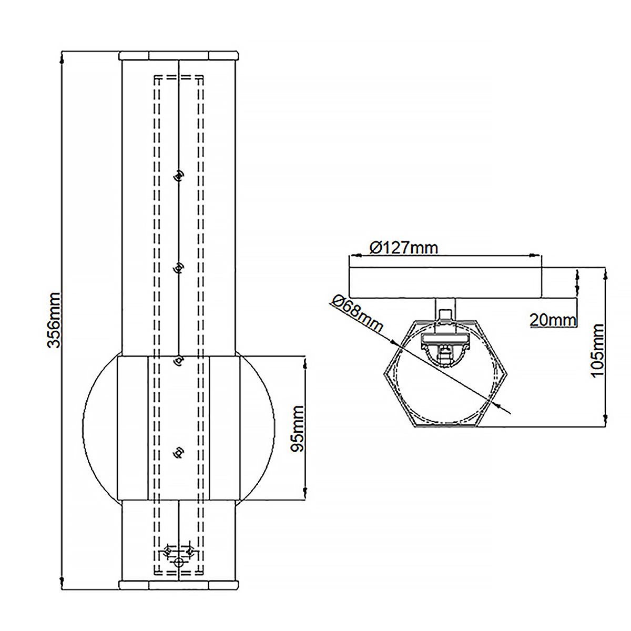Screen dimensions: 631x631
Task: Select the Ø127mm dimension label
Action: (x=403, y=247)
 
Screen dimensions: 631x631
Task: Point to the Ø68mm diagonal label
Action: (x=357, y=313)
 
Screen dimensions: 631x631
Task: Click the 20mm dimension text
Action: (x=553, y=319)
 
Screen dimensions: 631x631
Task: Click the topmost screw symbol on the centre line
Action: (x=179, y=175)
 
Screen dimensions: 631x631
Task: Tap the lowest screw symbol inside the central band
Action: (x=179, y=452)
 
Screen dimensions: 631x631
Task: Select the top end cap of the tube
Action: (x=179, y=55)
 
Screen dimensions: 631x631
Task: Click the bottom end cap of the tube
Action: (x=179, y=584)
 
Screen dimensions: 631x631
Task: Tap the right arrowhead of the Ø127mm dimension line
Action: (x=536, y=256)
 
